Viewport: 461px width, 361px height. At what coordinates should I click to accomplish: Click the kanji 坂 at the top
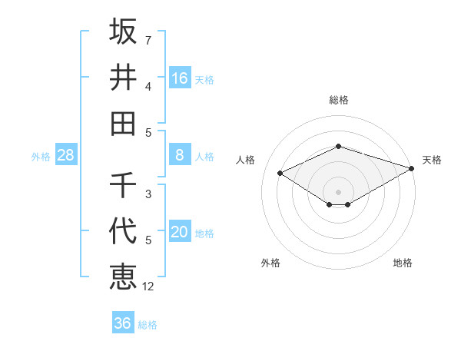point(123,32)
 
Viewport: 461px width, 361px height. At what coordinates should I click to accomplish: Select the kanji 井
point(123,77)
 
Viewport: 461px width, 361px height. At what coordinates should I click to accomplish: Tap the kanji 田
point(123,122)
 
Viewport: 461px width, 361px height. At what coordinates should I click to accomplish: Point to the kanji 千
point(123,185)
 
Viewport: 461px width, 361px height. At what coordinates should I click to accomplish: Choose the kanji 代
point(123,230)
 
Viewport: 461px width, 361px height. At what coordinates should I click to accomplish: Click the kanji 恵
point(123,276)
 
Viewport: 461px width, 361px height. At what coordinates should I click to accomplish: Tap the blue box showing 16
point(180,78)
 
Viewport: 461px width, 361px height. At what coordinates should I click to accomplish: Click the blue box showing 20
point(180,233)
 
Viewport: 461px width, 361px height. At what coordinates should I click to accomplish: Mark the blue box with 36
point(123,323)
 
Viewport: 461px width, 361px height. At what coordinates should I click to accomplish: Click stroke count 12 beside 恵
point(148,286)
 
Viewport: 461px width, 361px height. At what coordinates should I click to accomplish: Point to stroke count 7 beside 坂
point(148,39)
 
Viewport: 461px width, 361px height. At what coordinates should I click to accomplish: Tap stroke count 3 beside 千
point(148,194)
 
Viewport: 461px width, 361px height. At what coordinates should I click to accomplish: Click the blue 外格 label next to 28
point(41,157)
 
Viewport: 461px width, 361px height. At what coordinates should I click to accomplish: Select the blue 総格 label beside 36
point(148,325)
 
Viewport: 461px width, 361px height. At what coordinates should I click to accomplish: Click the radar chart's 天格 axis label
point(432,160)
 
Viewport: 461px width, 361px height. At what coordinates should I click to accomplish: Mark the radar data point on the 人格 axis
point(280,173)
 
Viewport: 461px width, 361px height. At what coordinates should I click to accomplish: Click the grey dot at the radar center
point(339,191)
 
